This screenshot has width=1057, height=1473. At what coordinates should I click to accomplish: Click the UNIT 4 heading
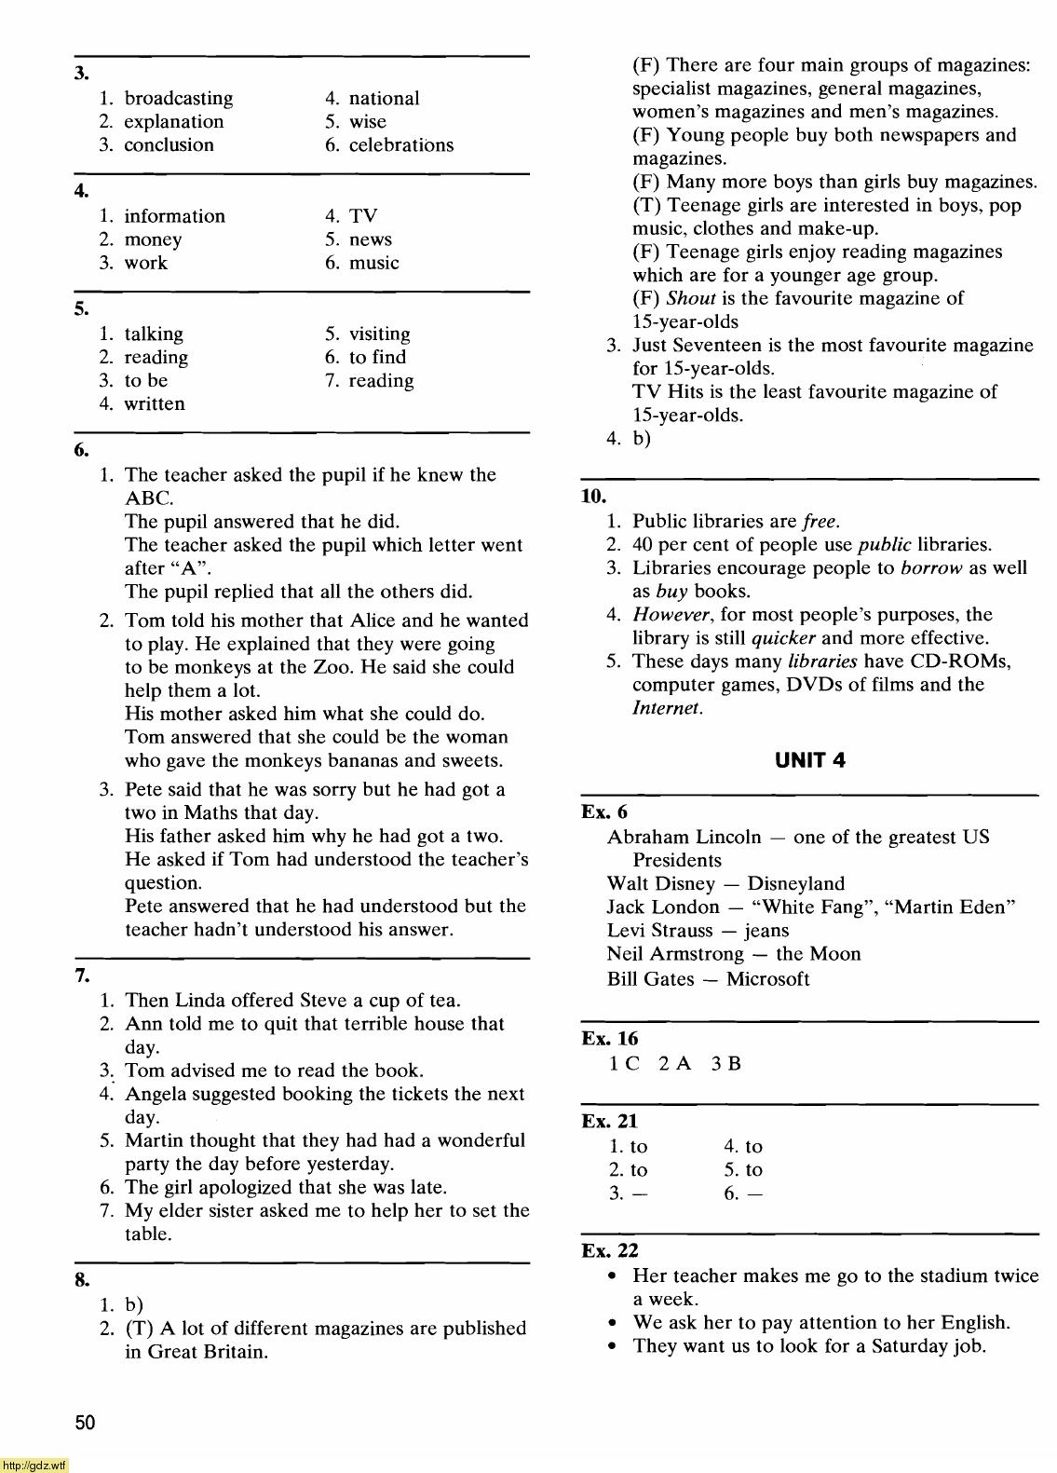click(x=810, y=760)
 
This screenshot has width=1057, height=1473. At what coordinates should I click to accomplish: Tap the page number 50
click(x=85, y=1423)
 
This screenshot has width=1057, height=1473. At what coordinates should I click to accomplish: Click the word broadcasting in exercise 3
click(x=179, y=99)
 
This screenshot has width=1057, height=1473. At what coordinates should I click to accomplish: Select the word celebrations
click(x=401, y=145)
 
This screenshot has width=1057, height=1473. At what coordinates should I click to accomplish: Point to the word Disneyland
click(x=795, y=884)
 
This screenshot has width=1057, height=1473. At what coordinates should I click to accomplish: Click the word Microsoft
click(x=767, y=979)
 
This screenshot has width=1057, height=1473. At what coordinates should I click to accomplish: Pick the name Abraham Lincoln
click(x=684, y=838)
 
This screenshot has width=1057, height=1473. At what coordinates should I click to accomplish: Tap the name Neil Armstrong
click(x=675, y=954)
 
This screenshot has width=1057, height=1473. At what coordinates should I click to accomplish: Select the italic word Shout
click(x=690, y=299)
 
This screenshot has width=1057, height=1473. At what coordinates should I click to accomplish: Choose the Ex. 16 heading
click(x=610, y=1039)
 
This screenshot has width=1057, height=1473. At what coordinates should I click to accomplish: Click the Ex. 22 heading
click(x=610, y=1251)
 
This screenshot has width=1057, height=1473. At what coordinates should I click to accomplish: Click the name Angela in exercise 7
click(x=156, y=1095)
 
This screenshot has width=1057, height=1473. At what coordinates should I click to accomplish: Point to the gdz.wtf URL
click(x=34, y=1466)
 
